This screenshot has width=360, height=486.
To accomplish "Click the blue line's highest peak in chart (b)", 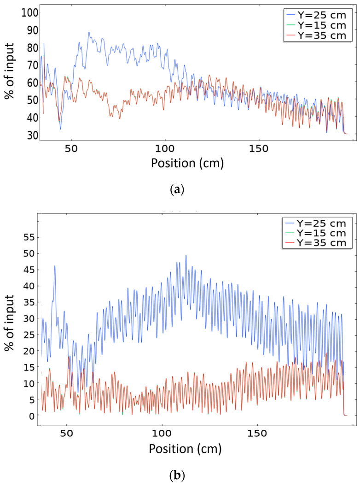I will pos(186,255).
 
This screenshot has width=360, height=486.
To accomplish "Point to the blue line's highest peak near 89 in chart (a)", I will pos(89,32).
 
